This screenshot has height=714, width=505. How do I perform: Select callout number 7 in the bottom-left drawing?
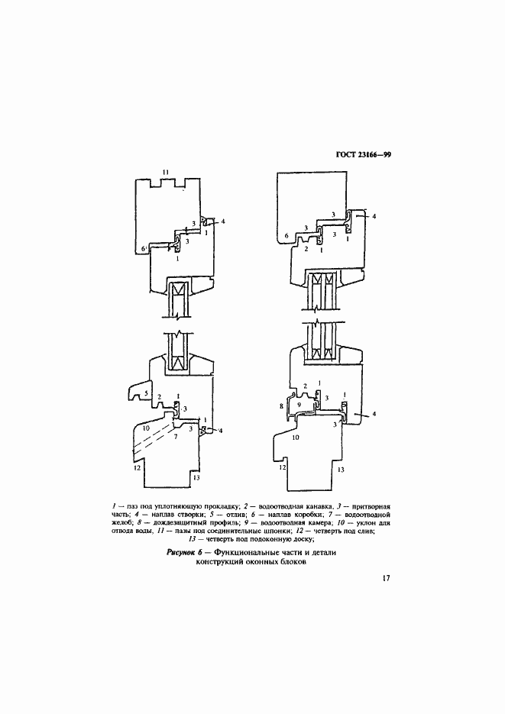(x=175, y=436)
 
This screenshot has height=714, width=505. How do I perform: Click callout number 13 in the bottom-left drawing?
(x=196, y=477)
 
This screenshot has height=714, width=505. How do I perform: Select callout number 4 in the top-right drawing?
(x=374, y=216)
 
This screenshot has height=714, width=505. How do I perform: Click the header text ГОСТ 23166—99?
(x=363, y=154)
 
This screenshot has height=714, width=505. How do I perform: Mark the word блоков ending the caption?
(x=288, y=562)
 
